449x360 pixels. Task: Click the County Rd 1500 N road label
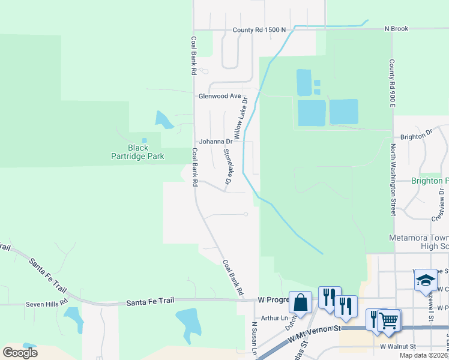coord(259,29)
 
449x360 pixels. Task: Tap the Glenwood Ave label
coord(220,96)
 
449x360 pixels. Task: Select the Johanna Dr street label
coord(215,142)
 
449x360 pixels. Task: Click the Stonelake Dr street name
coord(228,166)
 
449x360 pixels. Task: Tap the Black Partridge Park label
coord(137,152)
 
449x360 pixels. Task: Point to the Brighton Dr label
coord(416,136)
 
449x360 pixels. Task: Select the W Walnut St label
coord(398,347)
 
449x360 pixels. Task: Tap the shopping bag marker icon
coord(300,302)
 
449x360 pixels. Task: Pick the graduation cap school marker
coord(426,280)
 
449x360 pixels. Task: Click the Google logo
coord(20,352)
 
